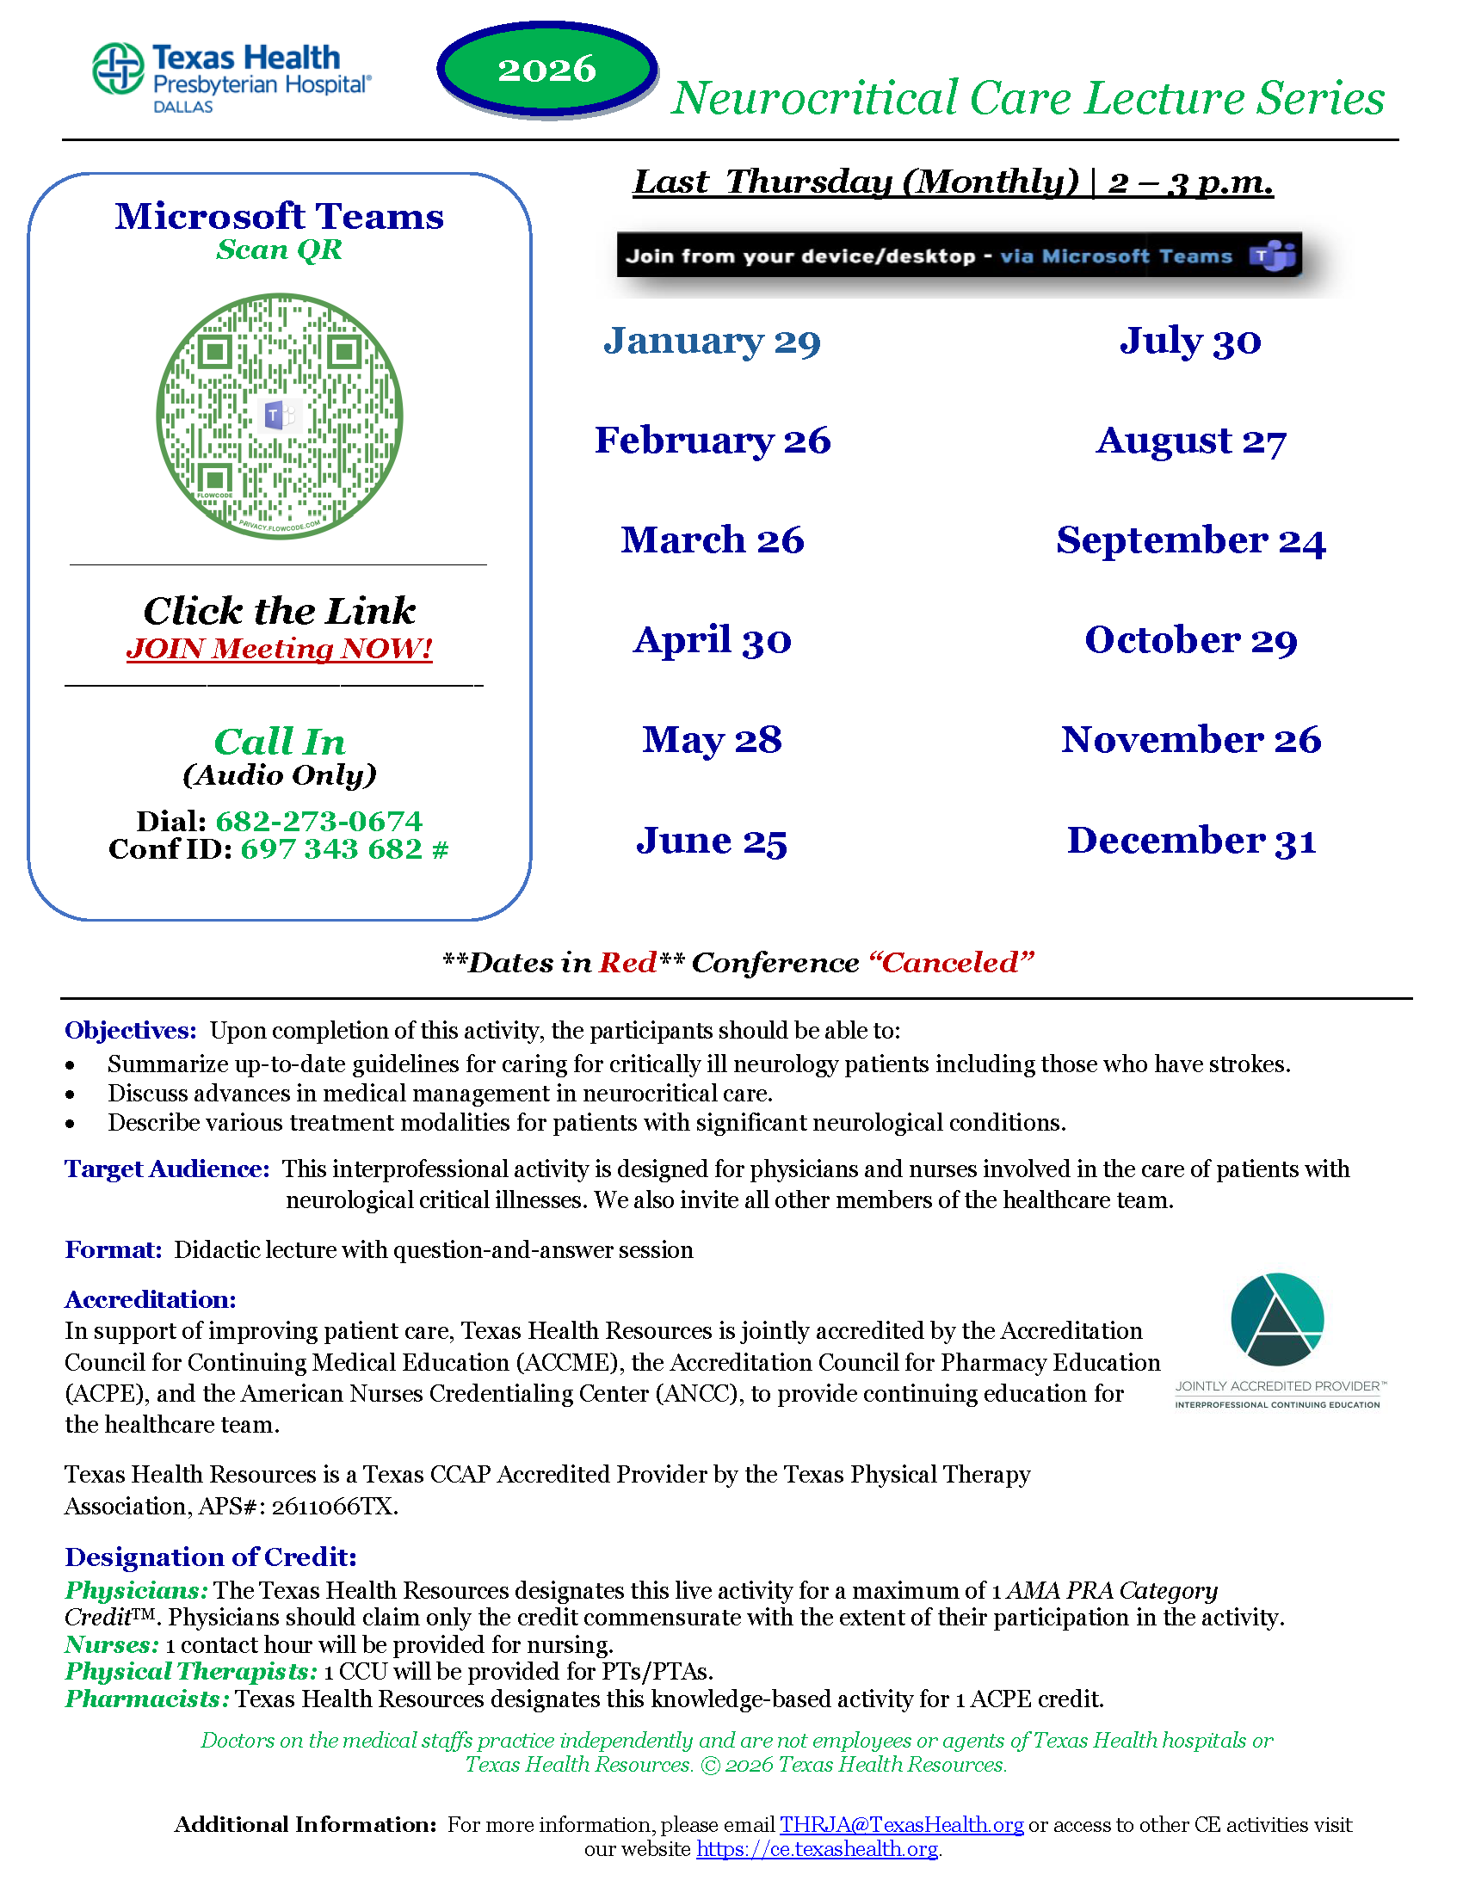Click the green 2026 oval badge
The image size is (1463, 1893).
pos(546,70)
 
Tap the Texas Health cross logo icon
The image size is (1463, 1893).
pos(118,69)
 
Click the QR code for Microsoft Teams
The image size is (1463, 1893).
pos(279,416)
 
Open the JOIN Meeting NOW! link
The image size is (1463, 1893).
pos(279,648)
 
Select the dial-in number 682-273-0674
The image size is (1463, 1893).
pos(319,820)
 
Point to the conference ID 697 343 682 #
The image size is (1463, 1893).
pos(344,848)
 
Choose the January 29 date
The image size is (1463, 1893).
pos(712,341)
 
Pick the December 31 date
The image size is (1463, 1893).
pos(1191,840)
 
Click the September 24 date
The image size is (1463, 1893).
pos(1191,540)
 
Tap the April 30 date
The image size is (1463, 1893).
pos(712,640)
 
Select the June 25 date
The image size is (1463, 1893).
pos(712,840)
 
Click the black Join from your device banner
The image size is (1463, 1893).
pos(959,255)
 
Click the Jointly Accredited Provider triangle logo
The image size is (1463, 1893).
pos(1276,1319)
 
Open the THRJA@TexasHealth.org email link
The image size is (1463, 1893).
pos(901,1824)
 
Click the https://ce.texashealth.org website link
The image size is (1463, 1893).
pos(818,1849)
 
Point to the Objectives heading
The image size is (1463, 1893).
pos(131,1030)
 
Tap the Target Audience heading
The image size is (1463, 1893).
pos(167,1168)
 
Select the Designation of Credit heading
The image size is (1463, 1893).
pos(211,1557)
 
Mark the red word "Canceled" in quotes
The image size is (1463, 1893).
pos(952,962)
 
